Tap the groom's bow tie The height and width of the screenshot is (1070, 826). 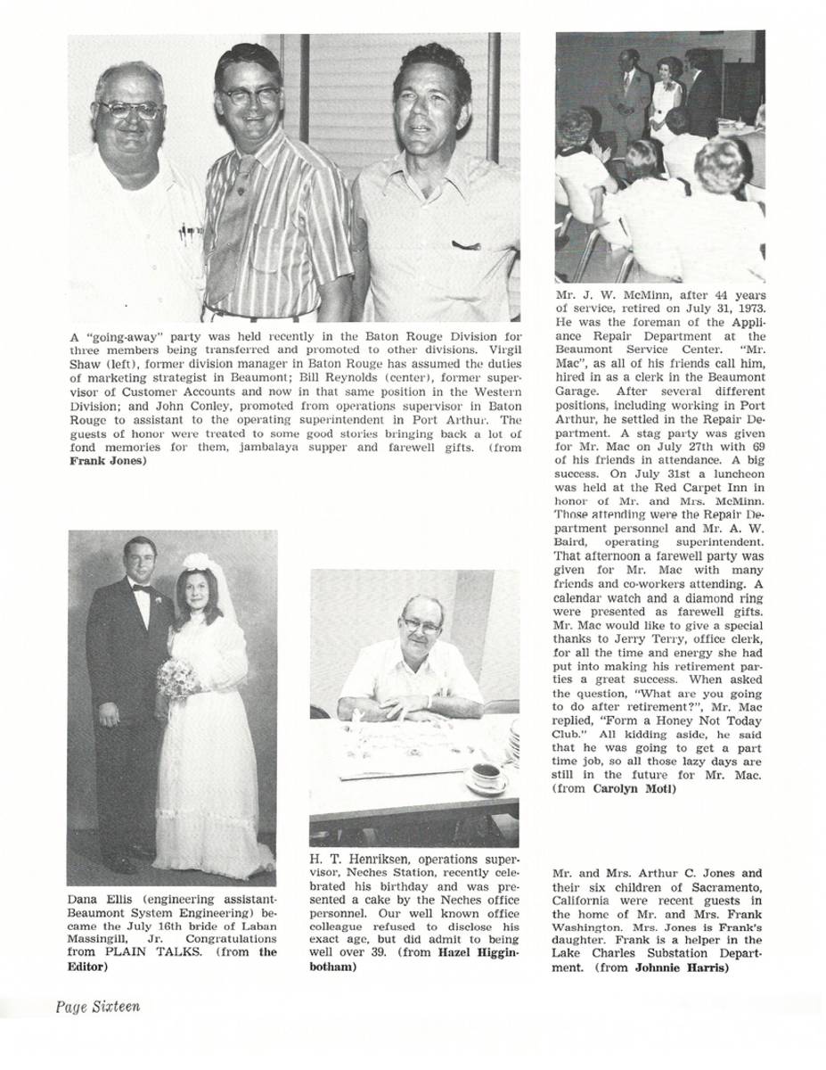139,588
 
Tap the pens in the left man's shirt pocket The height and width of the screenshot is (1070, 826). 190,234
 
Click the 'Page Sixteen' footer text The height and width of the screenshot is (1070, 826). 98,1007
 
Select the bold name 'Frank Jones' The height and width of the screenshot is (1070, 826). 107,461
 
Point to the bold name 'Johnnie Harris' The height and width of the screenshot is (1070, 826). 682,967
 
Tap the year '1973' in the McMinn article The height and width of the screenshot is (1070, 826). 748,308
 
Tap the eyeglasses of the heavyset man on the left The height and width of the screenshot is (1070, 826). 131,110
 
